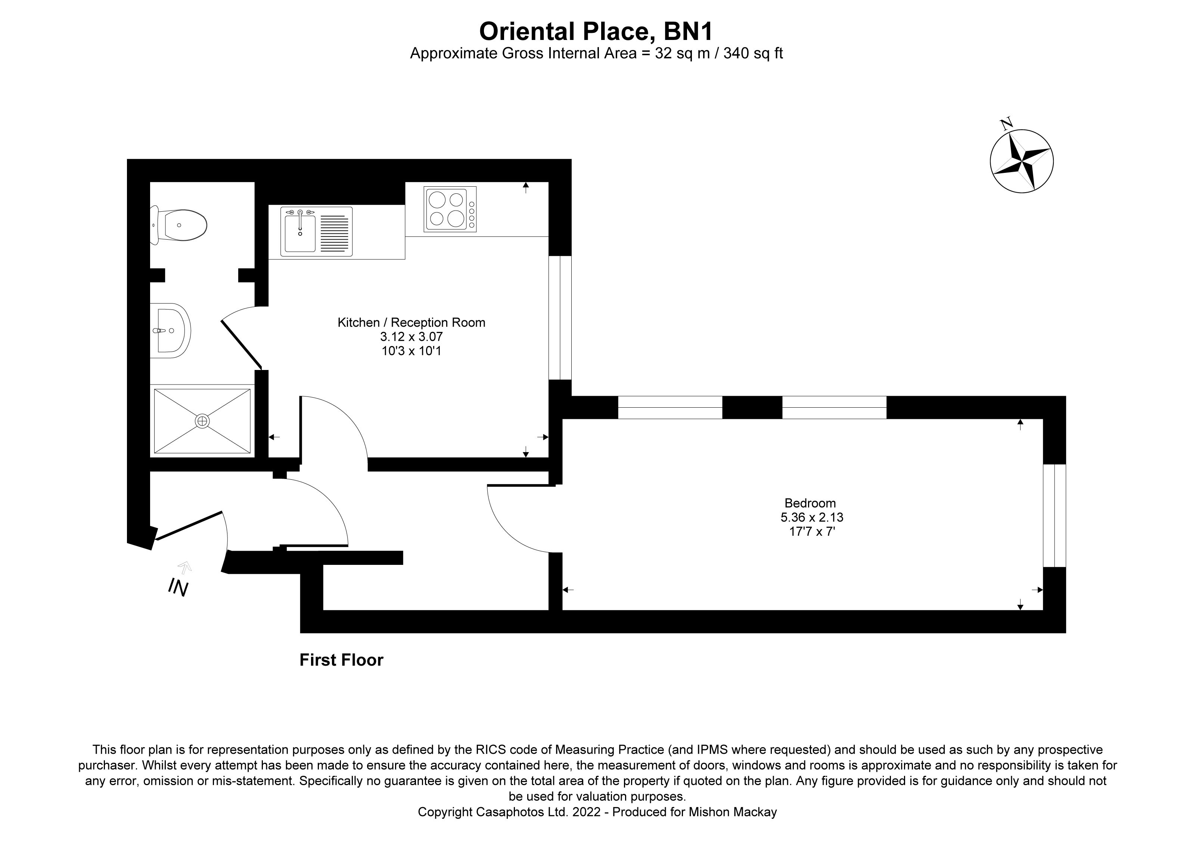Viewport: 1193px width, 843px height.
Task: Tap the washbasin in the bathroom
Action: [171, 330]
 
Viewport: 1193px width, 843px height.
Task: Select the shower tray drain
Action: [202, 421]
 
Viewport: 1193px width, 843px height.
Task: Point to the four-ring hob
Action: [450, 209]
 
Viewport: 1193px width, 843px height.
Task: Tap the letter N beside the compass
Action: [1006, 124]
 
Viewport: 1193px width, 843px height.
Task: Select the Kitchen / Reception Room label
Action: [411, 323]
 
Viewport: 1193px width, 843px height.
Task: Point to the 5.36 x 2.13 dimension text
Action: [812, 517]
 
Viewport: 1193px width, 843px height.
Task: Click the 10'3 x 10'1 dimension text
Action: [411, 351]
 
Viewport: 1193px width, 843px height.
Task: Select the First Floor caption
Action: [341, 660]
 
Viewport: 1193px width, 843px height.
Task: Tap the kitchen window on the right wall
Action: [560, 317]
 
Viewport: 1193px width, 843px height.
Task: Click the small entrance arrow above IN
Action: [185, 567]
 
